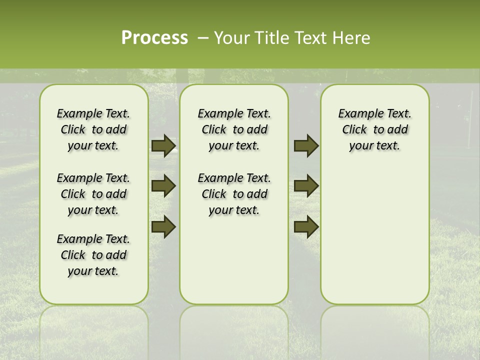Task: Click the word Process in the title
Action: [x=154, y=37]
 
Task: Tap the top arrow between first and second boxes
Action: [x=163, y=146]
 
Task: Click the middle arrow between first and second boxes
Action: [x=163, y=186]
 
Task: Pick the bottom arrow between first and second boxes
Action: [x=163, y=226]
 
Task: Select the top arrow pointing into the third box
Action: [x=306, y=146]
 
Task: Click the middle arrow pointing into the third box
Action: [x=306, y=186]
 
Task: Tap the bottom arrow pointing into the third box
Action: [x=306, y=226]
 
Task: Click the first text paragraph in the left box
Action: [x=93, y=129]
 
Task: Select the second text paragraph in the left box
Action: [x=93, y=194]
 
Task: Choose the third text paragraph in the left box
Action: [x=93, y=255]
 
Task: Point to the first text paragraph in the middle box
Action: [x=234, y=129]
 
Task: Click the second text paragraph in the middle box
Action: [x=234, y=194]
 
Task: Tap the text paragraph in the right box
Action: [x=374, y=129]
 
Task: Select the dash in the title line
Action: [x=203, y=37]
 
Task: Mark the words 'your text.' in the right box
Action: [x=374, y=146]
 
